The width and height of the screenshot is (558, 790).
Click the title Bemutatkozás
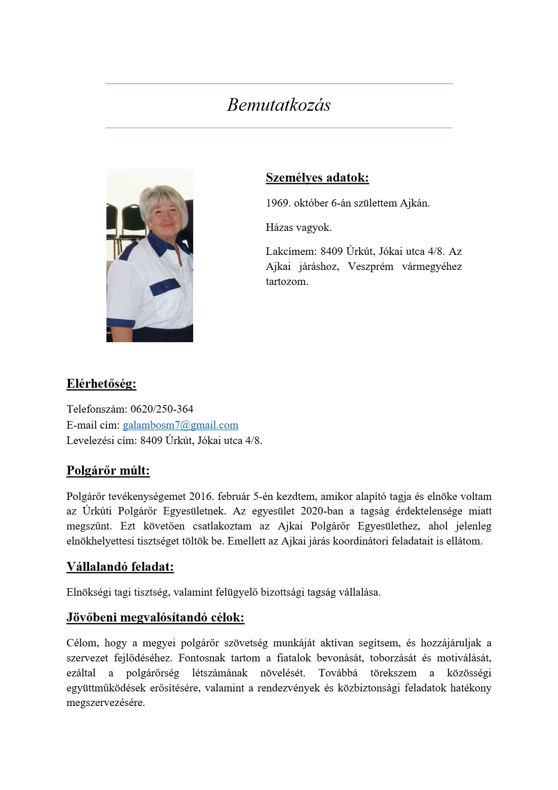pos(279,105)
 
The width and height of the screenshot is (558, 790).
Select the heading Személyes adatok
pos(317,177)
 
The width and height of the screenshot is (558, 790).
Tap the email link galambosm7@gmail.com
pos(181,425)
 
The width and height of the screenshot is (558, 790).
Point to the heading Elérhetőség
pos(101,384)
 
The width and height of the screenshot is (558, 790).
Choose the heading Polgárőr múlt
pos(108,470)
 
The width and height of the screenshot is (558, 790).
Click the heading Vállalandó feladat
pos(120,567)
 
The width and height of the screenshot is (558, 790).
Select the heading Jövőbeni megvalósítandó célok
pos(155,617)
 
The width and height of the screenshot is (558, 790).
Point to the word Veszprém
pos(370,267)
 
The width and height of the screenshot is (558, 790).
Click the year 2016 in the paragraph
pos(201,496)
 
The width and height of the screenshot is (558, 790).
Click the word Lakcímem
pos(289,252)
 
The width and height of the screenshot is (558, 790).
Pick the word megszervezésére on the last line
pos(106,703)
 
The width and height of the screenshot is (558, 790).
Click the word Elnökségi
pos(89,592)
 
